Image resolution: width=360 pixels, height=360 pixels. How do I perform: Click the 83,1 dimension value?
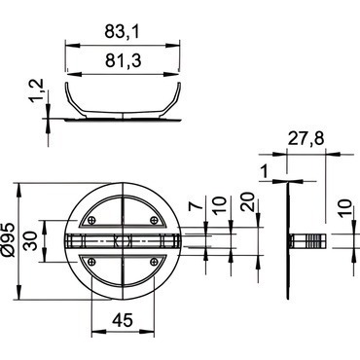[122, 32]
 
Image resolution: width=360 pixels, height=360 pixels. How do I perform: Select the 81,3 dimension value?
[123, 60]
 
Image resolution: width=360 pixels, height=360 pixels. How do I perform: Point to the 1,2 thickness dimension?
[37, 90]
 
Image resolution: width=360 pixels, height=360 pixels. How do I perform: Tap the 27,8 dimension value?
[306, 139]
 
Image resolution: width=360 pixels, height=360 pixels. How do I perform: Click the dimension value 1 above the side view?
[265, 172]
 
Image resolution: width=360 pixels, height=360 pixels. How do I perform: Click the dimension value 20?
[247, 202]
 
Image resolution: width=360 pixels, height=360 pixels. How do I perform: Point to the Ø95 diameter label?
[9, 240]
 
